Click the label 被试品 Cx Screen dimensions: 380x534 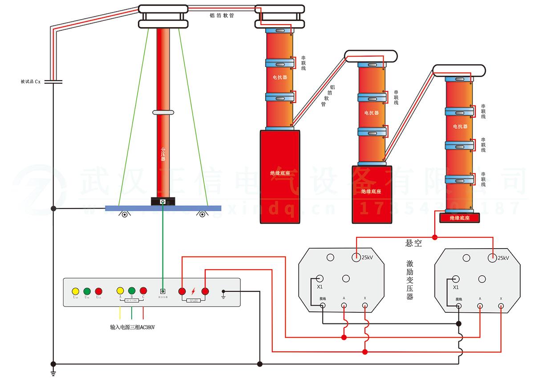(x=30, y=82)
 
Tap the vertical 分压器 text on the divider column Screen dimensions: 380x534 (x=163, y=154)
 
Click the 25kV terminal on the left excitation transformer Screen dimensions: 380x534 (x=356, y=257)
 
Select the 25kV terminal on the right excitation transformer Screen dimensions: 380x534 (x=492, y=257)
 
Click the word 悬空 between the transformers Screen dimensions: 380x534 (x=413, y=244)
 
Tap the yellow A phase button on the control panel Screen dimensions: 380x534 (x=120, y=291)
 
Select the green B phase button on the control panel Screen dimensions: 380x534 (x=132, y=291)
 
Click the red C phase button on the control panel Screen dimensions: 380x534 (x=143, y=291)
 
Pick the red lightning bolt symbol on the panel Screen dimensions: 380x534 (x=193, y=291)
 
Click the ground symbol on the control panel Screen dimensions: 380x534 (x=224, y=293)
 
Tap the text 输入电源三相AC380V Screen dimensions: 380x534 (x=132, y=327)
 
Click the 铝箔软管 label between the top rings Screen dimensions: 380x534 (x=222, y=15)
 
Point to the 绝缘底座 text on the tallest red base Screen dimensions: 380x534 (x=279, y=173)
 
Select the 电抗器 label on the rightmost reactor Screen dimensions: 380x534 (x=460, y=127)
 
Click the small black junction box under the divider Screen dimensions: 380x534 (x=163, y=202)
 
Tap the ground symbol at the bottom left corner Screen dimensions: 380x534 (x=53, y=372)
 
